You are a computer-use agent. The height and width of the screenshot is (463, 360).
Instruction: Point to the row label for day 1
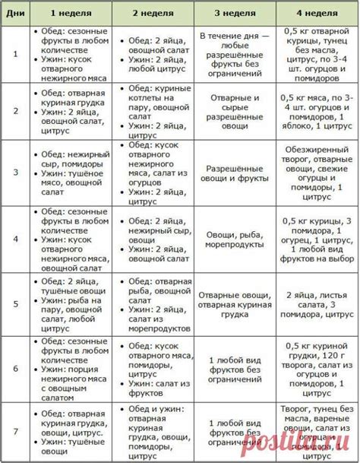(x=14, y=54)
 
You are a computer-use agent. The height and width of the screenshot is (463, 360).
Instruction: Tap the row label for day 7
(x=14, y=432)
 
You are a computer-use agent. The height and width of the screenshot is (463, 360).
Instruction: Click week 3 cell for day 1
(x=235, y=54)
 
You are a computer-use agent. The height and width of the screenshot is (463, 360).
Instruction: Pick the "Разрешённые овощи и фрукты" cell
(x=235, y=173)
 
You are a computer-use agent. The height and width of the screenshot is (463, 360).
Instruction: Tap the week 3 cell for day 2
(x=235, y=112)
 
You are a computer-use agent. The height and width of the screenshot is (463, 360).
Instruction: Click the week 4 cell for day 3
(x=317, y=173)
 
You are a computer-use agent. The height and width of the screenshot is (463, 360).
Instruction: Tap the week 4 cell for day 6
(x=317, y=368)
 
